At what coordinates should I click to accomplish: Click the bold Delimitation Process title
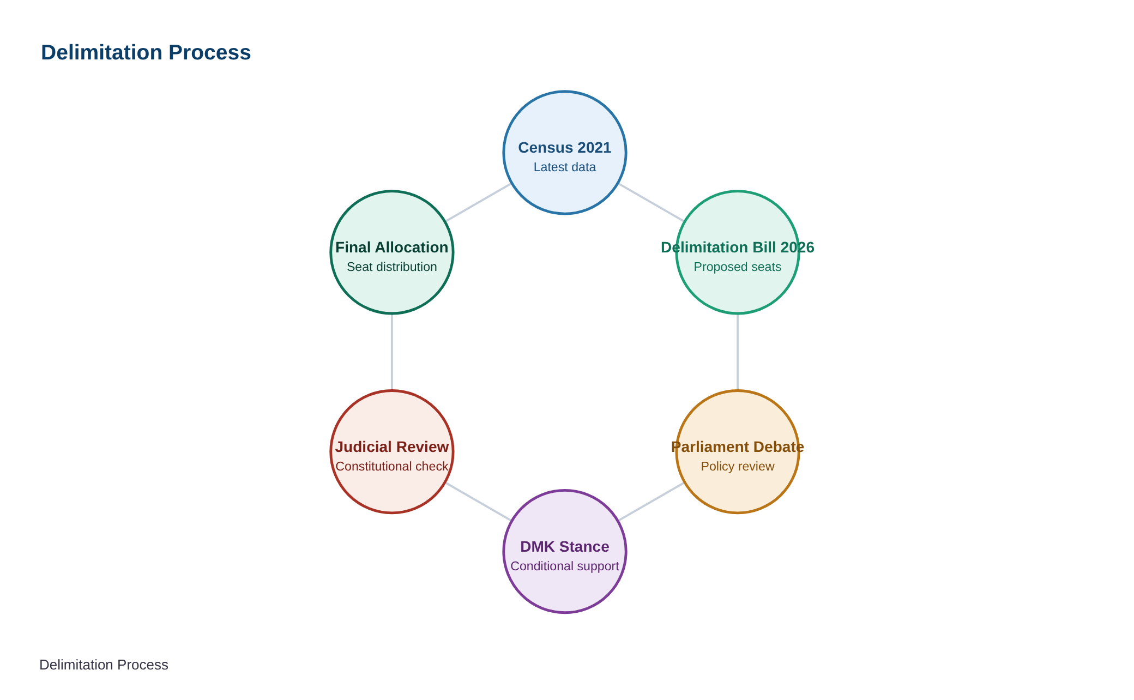tap(146, 53)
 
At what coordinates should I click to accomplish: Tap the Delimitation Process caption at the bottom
tap(104, 665)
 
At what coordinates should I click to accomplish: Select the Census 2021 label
tap(565, 148)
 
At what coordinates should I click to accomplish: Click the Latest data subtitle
tap(565, 167)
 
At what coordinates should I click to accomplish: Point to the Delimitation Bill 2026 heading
tap(738, 248)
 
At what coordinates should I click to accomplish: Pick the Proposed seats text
tap(738, 267)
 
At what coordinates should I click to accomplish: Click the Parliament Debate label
tap(738, 447)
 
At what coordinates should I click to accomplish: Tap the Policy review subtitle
tap(738, 467)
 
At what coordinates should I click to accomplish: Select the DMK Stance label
tap(565, 547)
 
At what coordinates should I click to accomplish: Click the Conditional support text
tap(565, 566)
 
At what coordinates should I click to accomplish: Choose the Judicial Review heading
tap(392, 447)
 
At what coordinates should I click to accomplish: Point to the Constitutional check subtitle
tap(392, 467)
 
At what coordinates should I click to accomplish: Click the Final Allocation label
tap(392, 248)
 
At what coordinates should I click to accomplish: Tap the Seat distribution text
tap(392, 267)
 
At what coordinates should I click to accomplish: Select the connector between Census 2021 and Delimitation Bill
tap(651, 202)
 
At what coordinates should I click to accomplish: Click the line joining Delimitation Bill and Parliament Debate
tap(738, 352)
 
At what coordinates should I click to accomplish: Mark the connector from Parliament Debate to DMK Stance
tap(651, 502)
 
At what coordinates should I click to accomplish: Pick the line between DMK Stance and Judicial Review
tap(479, 502)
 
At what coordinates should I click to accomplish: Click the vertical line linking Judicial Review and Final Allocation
tap(392, 352)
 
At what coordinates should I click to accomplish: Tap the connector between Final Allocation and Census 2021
tap(479, 202)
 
